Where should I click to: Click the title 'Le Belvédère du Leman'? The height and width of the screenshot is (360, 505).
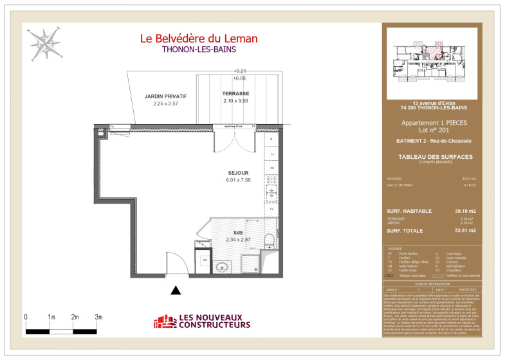point(199,39)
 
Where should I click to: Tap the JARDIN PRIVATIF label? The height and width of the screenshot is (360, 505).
point(165,96)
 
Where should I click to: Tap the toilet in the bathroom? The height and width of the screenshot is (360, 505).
point(269,240)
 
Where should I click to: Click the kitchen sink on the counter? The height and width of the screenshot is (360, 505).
point(271,190)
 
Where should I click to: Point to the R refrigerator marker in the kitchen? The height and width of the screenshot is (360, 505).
point(271,139)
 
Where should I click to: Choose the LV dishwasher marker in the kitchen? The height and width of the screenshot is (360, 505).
point(271,209)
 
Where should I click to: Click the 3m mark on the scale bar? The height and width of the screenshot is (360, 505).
point(98,317)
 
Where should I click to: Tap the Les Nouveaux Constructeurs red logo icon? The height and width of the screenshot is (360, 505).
point(165,321)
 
